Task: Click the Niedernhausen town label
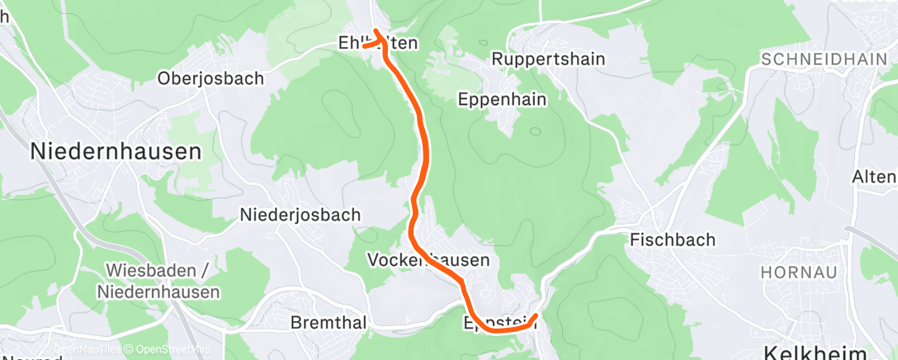[116, 151]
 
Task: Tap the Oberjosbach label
[210, 78]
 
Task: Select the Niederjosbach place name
[300, 215]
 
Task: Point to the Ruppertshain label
[548, 59]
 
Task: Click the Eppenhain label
[502, 99]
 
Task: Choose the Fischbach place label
[672, 239]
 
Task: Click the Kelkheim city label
[815, 353]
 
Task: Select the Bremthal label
[328, 323]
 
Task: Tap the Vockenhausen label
[428, 260]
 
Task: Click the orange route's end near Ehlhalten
[363, 46]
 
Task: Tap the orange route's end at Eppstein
[536, 315]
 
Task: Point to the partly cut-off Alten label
[875, 177]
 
